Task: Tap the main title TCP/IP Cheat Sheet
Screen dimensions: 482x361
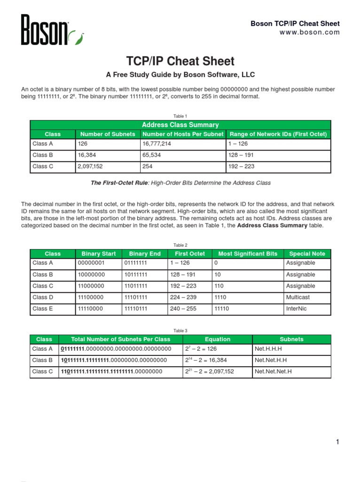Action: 180,61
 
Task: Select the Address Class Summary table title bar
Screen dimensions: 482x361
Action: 180,125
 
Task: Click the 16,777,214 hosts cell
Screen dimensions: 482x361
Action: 158,144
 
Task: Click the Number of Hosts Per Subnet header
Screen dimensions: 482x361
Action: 183,134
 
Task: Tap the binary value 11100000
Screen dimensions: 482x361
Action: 91,297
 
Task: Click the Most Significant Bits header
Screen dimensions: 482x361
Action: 248,254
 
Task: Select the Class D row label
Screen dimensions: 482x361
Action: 40,297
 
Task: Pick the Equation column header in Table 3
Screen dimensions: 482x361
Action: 218,339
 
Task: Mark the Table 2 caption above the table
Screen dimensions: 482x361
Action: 180,245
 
